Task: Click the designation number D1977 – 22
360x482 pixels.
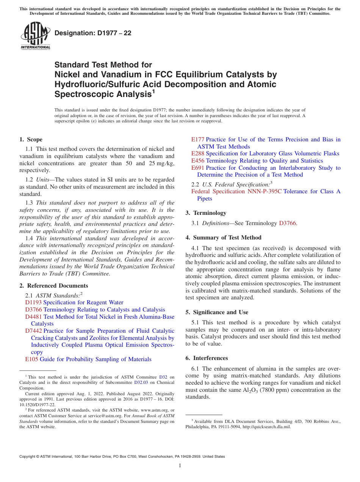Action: (x=93, y=33)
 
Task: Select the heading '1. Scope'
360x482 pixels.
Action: (x=31, y=139)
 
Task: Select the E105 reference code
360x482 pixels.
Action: (x=31, y=359)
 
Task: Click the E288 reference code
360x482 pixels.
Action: (x=197, y=153)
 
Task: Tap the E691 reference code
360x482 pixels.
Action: (x=197, y=168)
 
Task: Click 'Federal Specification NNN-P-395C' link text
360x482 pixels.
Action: (x=236, y=191)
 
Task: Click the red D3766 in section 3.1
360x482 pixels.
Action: (x=287, y=223)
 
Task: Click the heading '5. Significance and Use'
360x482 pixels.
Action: (x=222, y=312)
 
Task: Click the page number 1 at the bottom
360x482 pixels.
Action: (x=180, y=466)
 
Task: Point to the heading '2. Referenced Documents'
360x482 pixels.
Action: (x=53, y=286)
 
